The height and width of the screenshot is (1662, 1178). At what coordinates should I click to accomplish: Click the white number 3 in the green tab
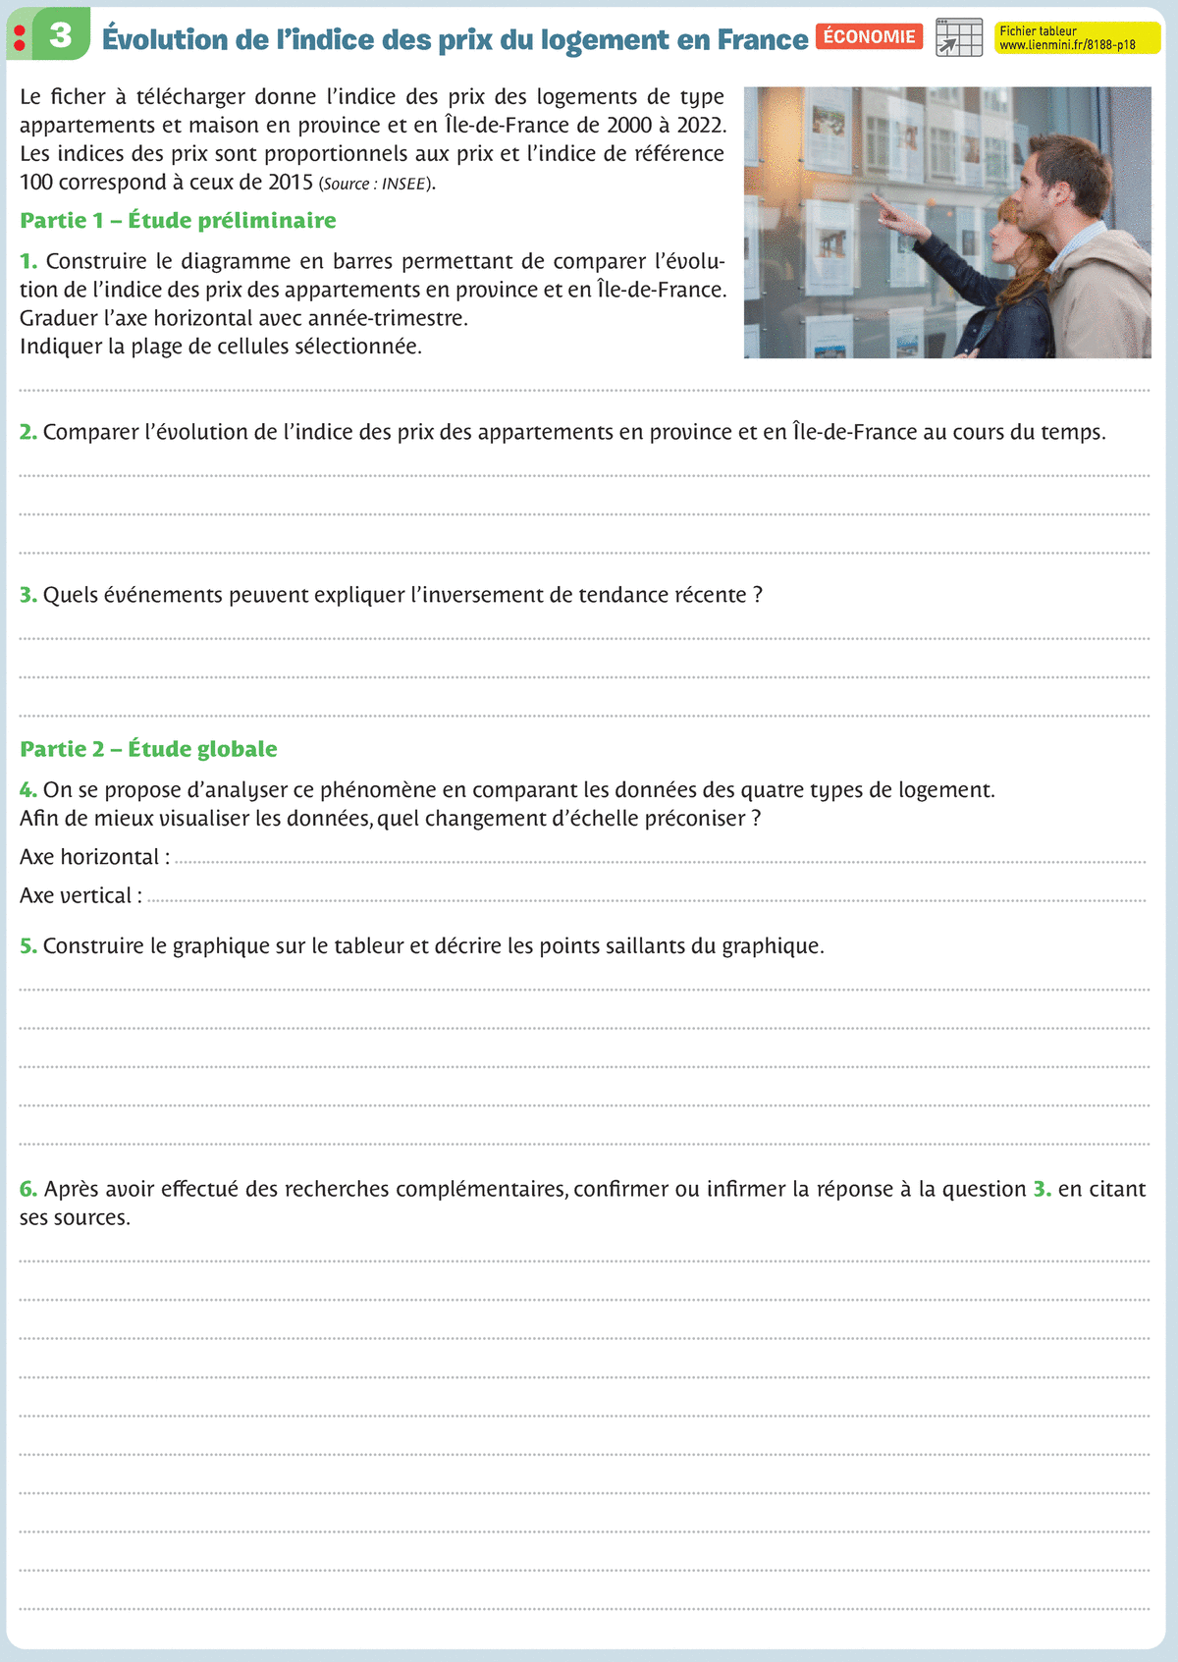(61, 35)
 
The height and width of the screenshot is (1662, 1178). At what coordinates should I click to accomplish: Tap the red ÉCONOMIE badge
(869, 37)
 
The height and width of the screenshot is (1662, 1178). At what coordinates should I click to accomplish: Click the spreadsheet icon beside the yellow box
(959, 37)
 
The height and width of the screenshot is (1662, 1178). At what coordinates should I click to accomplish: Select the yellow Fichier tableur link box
(1077, 37)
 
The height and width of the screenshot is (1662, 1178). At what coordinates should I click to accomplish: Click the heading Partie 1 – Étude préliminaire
(178, 221)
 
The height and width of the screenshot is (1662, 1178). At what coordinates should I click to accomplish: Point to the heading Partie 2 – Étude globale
(148, 749)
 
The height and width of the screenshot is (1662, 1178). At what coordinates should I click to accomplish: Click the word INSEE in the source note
(403, 185)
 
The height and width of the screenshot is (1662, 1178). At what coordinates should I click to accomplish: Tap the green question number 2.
(27, 433)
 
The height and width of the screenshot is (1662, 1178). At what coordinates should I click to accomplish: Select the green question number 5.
(27, 946)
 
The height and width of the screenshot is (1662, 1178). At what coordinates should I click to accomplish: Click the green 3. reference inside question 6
(1042, 1190)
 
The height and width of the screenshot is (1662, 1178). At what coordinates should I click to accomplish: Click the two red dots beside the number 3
(20, 37)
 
